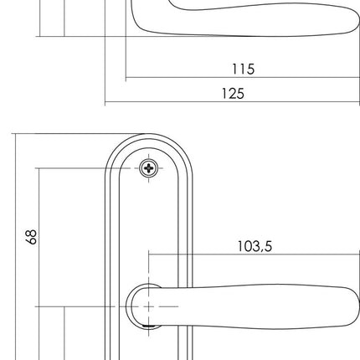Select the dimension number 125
click(x=232, y=94)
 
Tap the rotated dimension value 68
click(x=32, y=237)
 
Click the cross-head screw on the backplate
click(x=149, y=167)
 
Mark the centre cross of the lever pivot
click(x=149, y=306)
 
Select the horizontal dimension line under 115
click(x=242, y=80)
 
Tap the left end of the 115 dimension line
click(x=125, y=80)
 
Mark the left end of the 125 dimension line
click(x=105, y=103)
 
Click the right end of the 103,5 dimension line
click(x=358, y=255)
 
